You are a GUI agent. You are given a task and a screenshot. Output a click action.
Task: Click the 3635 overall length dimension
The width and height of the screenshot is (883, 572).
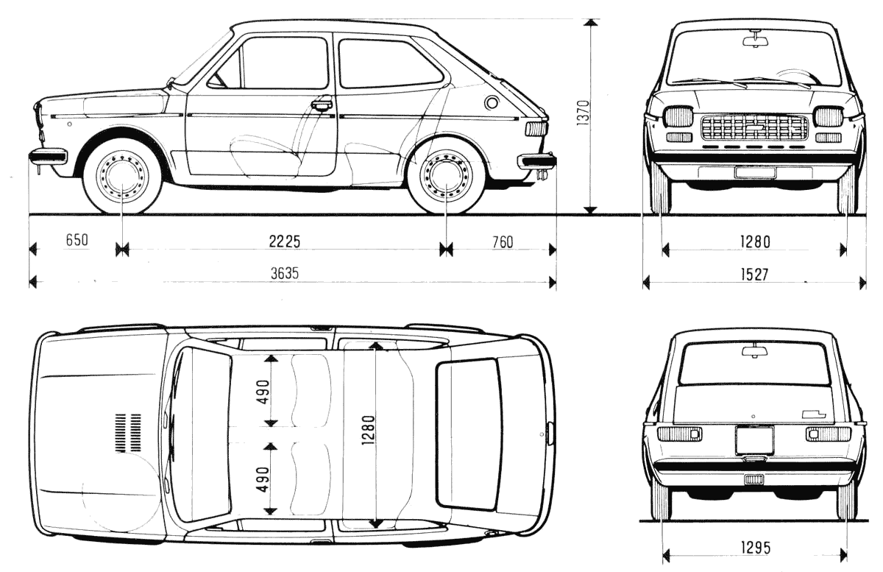coord(285,273)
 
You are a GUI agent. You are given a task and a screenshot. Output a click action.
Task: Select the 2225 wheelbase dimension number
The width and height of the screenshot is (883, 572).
coord(284,241)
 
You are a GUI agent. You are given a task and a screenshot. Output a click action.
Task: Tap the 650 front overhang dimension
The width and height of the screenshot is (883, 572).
coord(77,239)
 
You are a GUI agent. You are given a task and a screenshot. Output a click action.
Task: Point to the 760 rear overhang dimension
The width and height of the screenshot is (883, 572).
coord(503,242)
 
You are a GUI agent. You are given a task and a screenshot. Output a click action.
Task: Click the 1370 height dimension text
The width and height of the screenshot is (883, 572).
coord(584,113)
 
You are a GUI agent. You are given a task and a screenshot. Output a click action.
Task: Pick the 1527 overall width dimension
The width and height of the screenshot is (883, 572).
coord(754,275)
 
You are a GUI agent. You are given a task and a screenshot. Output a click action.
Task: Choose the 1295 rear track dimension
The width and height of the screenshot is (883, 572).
coord(756,548)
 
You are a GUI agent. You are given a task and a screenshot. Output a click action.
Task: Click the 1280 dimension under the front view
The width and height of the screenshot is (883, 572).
coord(755,241)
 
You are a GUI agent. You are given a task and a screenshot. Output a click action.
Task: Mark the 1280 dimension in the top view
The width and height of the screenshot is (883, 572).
coord(369,430)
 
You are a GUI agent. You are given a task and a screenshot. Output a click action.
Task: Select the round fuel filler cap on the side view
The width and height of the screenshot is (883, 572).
coord(492,103)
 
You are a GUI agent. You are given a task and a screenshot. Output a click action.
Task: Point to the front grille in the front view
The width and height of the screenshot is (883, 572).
coord(754,127)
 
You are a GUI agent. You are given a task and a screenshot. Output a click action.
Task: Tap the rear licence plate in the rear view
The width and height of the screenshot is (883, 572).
coord(754,440)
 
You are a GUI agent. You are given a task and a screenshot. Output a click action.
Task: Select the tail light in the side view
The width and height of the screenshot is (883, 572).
coord(536,129)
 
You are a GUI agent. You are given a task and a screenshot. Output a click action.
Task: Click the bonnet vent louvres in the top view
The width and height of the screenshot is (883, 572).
coord(128,432)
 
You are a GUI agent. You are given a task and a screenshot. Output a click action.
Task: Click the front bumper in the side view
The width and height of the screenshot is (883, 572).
coord(47,155)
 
